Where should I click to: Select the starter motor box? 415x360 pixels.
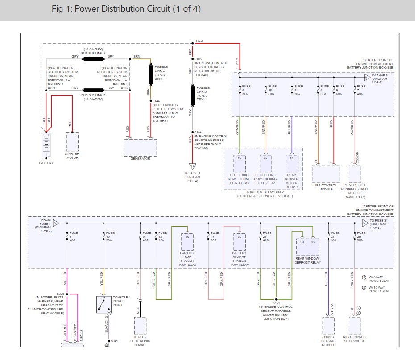click(x=72, y=142)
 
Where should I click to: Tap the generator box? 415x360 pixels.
click(x=140, y=147)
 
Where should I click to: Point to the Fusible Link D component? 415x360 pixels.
click(x=193, y=95)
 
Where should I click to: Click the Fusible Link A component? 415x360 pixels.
click(x=94, y=59)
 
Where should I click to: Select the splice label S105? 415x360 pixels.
click(x=199, y=59)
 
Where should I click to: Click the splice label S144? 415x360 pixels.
click(x=157, y=101)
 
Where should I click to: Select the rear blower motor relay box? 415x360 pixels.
click(x=292, y=163)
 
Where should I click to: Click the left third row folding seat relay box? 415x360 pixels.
click(x=240, y=163)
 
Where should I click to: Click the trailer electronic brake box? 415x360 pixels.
click(x=141, y=326)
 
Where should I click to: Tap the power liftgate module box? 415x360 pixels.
click(x=328, y=326)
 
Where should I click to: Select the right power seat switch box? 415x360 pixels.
click(x=355, y=326)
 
